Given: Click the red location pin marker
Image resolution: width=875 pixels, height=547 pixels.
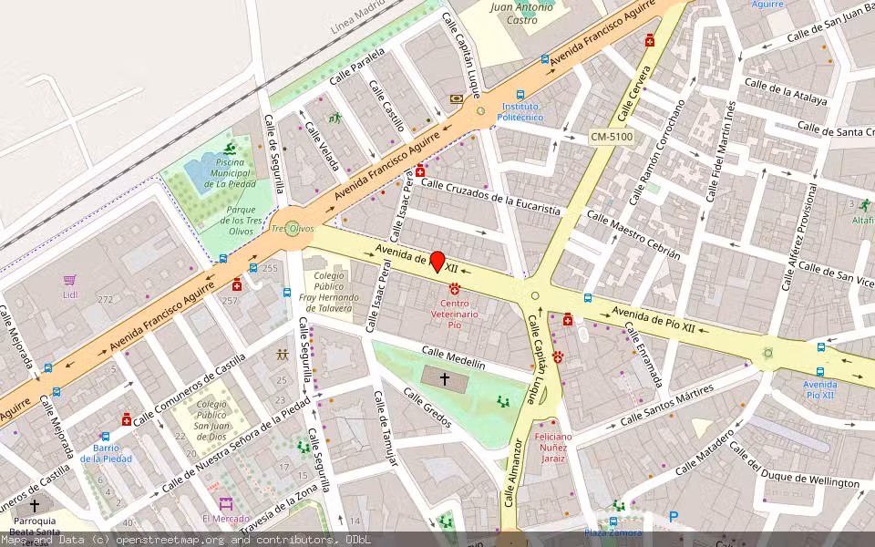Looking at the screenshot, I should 437,262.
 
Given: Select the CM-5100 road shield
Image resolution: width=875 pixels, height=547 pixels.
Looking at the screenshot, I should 611,137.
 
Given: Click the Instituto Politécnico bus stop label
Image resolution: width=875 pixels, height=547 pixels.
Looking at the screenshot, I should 520,112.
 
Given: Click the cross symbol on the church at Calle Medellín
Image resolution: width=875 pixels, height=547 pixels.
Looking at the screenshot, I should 445,378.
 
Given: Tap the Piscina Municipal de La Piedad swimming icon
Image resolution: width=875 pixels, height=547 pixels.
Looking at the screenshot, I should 229,150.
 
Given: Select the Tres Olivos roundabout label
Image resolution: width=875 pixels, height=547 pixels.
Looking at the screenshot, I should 292,229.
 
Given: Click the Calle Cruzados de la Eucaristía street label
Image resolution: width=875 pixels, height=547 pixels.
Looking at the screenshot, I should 489,197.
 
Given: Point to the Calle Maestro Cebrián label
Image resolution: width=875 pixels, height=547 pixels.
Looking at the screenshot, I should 633,235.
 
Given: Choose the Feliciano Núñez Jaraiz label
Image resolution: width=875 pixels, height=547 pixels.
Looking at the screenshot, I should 552,447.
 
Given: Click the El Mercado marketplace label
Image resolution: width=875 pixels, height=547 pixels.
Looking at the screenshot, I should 224,518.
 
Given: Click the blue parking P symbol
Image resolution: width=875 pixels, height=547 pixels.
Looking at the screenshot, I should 674,517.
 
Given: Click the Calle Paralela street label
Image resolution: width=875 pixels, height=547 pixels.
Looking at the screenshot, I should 357,68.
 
